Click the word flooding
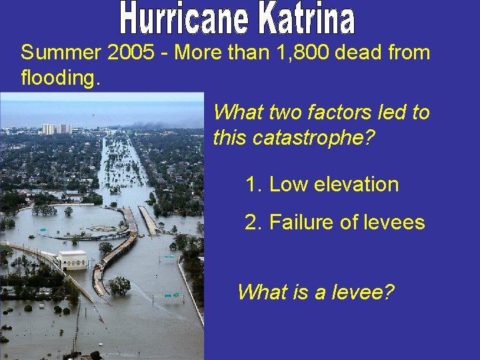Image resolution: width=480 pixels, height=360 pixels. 61,79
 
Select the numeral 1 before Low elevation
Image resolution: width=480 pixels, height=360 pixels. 251,185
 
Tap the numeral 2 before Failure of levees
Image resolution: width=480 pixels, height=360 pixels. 251,222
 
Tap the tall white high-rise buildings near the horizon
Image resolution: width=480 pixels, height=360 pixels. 57,129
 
